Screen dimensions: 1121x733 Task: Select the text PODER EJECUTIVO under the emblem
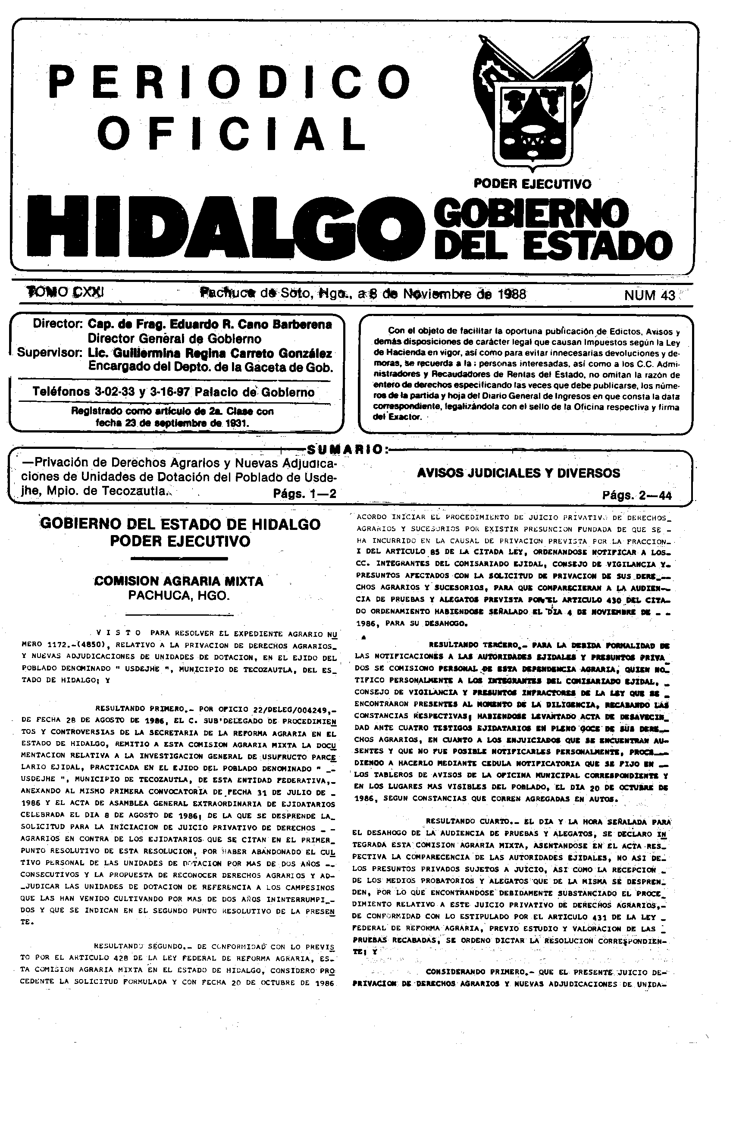pyautogui.click(x=533, y=183)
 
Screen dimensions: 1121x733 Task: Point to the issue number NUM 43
pyautogui.click(x=650, y=295)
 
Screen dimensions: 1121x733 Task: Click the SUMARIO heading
pyautogui.click(x=345, y=449)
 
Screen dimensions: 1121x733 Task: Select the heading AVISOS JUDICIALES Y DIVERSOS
pyautogui.click(x=519, y=473)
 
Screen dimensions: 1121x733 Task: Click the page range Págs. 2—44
pyautogui.click(x=636, y=495)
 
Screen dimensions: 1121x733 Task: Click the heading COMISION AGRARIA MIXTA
pyautogui.click(x=179, y=581)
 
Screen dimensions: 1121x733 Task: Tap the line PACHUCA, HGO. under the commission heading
pyautogui.click(x=179, y=595)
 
